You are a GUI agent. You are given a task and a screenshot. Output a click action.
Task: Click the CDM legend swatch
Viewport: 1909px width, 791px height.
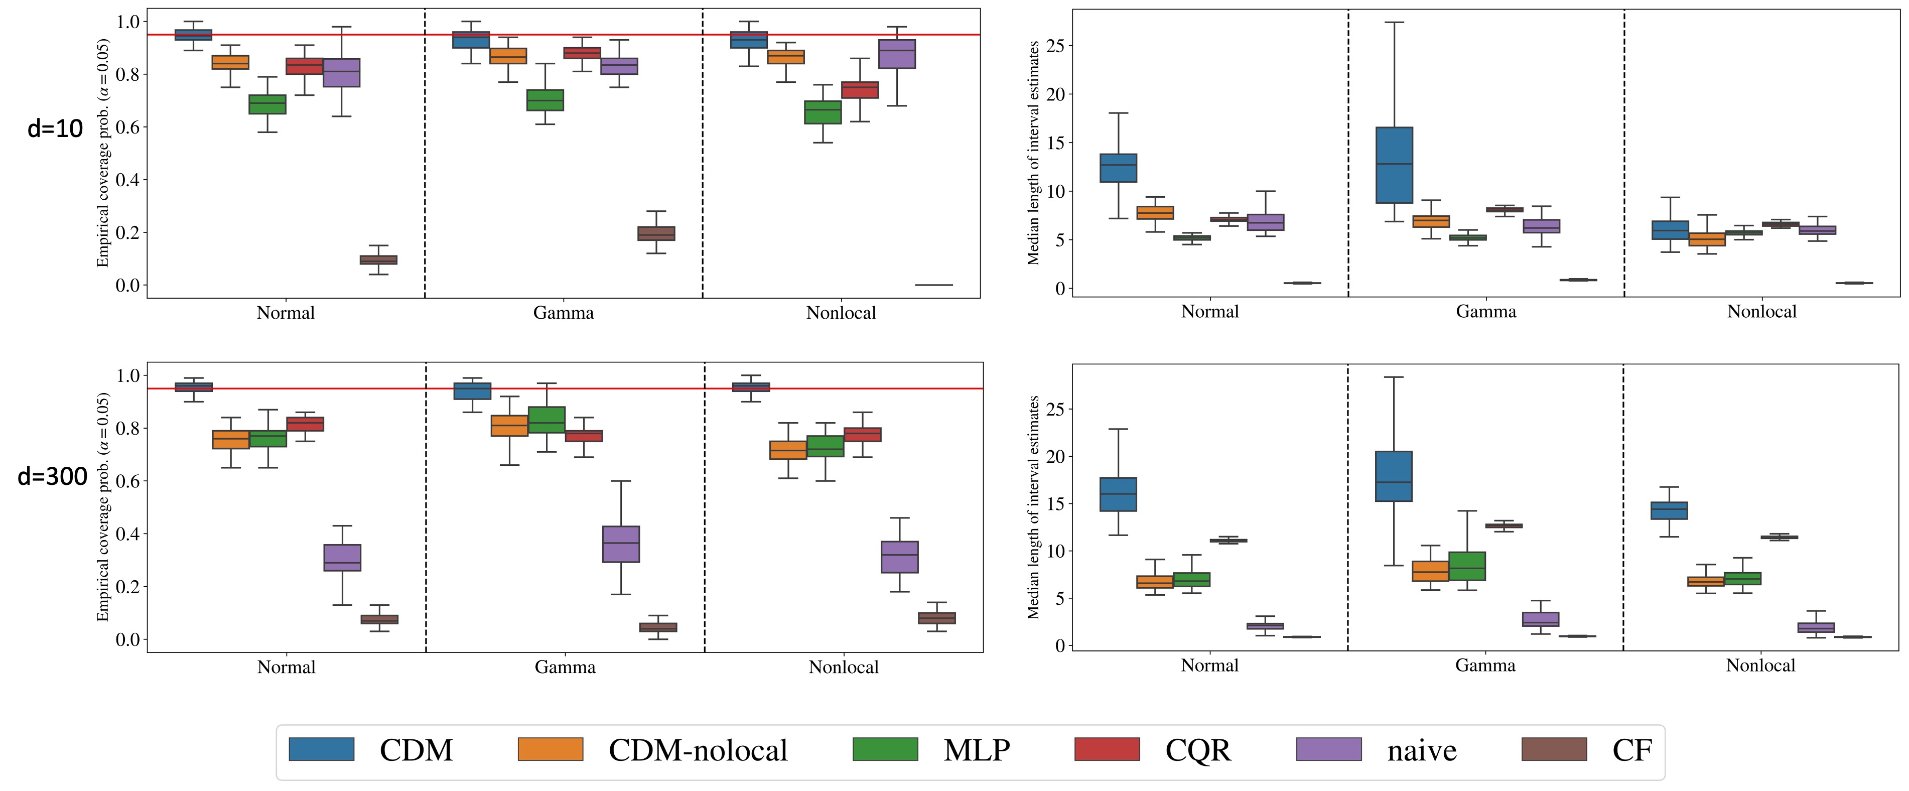pos(321,749)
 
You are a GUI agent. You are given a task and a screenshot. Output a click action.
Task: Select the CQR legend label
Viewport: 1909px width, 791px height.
pos(1197,750)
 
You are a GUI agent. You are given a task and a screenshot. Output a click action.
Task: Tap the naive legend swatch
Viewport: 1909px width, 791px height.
pos(1329,749)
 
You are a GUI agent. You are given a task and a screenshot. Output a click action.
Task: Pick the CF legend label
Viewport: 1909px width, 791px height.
pos(1632,750)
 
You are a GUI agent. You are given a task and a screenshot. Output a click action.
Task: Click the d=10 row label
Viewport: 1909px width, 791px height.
pos(55,129)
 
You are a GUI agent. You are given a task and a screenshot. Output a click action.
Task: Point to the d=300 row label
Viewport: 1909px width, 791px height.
pos(52,476)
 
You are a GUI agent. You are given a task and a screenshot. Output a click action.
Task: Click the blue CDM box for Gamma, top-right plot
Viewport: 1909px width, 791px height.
pos(1394,165)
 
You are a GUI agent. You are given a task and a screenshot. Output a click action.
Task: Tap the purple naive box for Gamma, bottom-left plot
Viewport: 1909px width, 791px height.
pos(621,544)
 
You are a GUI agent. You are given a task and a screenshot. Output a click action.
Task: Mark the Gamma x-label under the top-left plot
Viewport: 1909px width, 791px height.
pos(563,313)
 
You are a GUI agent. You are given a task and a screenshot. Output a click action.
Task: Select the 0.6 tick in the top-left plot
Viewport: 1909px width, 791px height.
pos(127,127)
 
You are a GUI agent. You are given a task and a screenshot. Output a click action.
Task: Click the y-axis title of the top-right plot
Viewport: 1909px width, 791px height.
pos(1033,153)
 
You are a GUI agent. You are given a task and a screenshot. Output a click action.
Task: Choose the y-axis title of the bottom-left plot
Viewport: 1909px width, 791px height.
pos(102,507)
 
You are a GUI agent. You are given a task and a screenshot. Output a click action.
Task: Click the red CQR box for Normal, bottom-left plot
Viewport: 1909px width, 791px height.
pos(305,424)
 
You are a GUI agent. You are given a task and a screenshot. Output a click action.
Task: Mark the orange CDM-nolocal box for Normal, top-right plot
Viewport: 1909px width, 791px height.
pos(1155,213)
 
